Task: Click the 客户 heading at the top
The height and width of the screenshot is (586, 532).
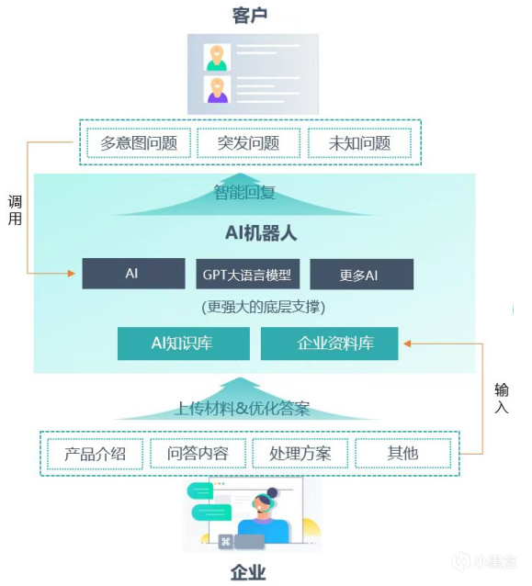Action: click(249, 16)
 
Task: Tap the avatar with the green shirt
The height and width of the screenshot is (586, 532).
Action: click(217, 58)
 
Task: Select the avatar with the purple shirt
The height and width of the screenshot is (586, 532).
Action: click(217, 90)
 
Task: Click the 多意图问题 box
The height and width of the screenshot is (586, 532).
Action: click(139, 143)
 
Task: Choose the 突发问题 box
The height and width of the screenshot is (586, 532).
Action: click(249, 143)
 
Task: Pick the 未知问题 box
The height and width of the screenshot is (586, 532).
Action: click(359, 143)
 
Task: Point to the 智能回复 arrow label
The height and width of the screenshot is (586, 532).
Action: click(244, 193)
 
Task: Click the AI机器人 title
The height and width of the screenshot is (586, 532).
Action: click(261, 233)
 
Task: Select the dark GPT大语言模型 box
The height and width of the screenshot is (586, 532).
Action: click(247, 274)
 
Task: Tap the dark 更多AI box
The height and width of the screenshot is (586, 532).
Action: click(361, 275)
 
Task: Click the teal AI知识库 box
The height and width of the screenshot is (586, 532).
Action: click(184, 344)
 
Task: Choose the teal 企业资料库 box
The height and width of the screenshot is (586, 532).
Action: click(329, 344)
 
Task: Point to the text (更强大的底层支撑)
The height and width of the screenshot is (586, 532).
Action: click(264, 307)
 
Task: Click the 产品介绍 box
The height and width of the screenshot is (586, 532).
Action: click(96, 454)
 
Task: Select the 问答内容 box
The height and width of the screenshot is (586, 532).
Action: click(198, 454)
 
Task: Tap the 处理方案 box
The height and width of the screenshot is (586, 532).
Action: click(300, 454)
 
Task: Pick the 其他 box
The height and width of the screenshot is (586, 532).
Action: click(402, 454)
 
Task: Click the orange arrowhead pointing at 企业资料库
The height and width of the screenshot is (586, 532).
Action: click(407, 344)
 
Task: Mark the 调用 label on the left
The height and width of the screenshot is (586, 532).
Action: click(15, 210)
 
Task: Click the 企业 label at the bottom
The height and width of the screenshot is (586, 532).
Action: click(248, 572)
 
